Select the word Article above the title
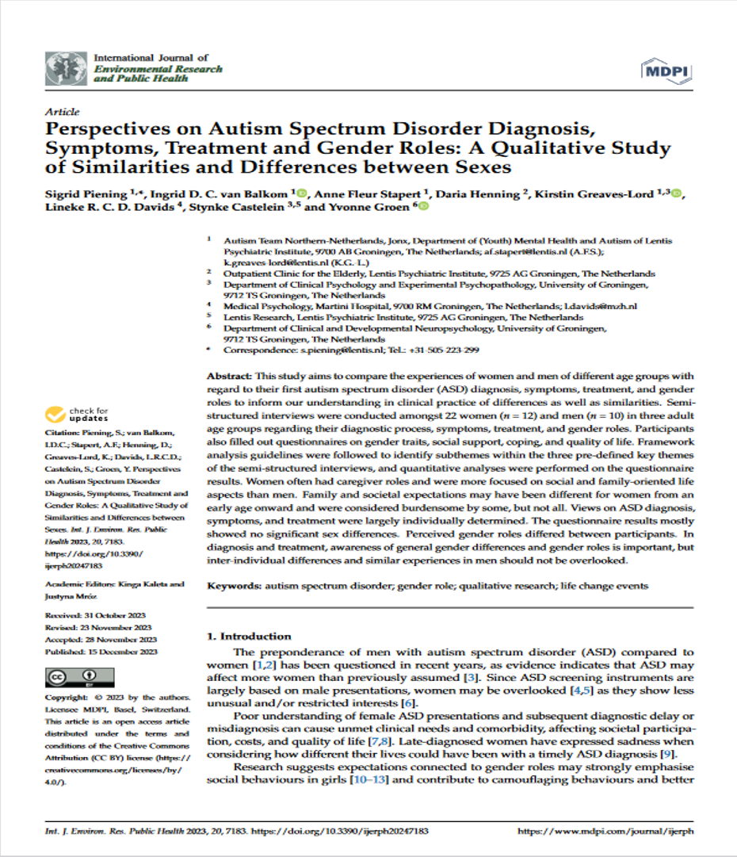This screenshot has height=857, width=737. pos(63,112)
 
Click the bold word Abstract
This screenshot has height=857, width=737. pos(227,375)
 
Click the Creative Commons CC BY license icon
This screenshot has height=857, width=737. pos(70,678)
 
